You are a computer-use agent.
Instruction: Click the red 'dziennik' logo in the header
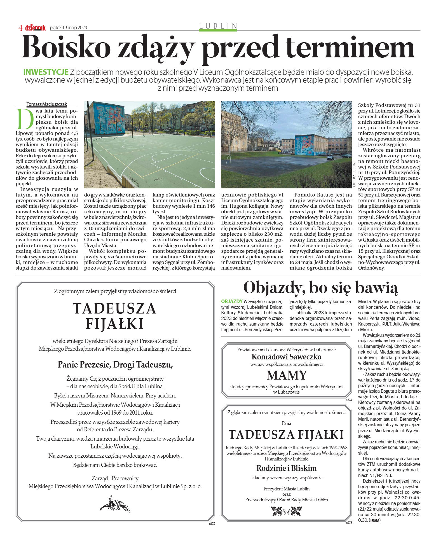tap(35, 27)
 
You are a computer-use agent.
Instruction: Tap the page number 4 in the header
tap(20, 27)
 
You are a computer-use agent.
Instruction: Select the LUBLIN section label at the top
tap(218, 26)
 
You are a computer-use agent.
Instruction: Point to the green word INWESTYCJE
tap(46, 72)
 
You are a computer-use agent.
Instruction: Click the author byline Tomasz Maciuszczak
tap(47, 104)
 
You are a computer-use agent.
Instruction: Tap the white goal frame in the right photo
tap(228, 161)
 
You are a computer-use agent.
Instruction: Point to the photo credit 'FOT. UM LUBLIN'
tap(354, 175)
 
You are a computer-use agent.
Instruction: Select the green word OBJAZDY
tap(232, 301)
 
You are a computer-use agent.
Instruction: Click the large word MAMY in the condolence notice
tap(286, 375)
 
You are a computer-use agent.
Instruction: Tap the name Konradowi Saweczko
tap(286, 357)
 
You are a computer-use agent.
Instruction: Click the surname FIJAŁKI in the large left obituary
tap(114, 324)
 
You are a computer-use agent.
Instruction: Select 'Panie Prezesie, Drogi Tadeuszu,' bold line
tap(115, 364)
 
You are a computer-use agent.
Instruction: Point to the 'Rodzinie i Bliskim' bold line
tap(286, 468)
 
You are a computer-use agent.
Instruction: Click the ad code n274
tap(348, 400)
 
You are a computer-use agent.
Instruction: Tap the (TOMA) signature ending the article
tap(375, 520)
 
